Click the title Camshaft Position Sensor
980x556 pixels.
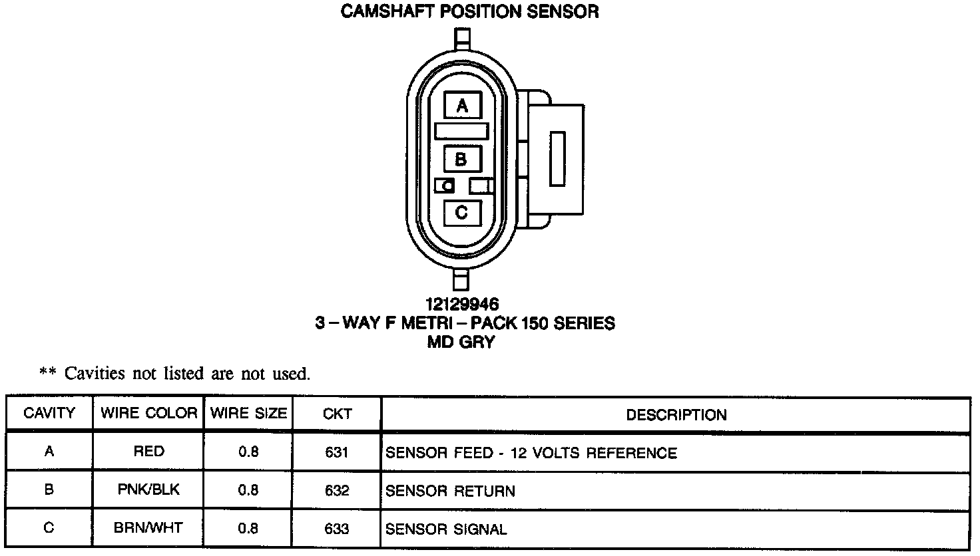(469, 11)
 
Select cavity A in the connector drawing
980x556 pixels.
(462, 106)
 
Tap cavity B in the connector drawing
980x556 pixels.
(461, 160)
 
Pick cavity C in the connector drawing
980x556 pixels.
(461, 213)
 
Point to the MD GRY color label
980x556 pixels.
(461, 343)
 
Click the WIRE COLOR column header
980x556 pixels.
(148, 414)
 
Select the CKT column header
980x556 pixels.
(337, 414)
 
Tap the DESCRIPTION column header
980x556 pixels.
(676, 415)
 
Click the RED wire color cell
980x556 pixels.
(148, 452)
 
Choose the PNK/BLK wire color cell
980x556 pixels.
(148, 490)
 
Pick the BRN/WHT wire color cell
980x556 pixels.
(148, 529)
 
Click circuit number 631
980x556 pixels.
(337, 453)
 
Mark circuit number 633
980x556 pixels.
(337, 529)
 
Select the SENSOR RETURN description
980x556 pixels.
(450, 491)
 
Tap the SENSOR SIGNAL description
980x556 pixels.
(446, 530)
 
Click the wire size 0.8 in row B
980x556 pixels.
(248, 491)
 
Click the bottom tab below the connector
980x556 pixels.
(460, 279)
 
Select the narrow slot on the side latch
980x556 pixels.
(557, 159)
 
